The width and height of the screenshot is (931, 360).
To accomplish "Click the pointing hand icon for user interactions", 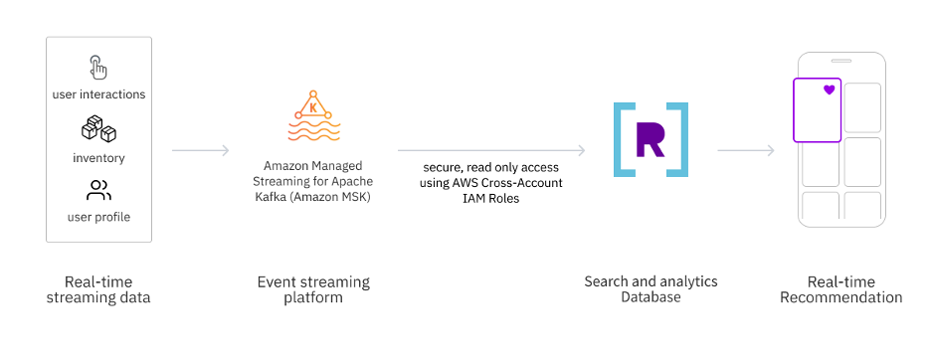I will point(98,68).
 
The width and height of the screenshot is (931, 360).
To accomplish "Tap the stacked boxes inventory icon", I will point(98,129).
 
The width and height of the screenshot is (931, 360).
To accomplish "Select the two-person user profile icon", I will point(98,190).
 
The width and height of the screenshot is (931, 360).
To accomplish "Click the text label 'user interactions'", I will point(98,94).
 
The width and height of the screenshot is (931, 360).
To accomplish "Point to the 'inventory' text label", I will point(98,157).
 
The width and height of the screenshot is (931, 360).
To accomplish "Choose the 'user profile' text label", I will point(98,217).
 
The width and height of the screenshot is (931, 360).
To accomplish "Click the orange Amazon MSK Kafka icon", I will point(313,117).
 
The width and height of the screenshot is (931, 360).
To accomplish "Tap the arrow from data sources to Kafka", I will point(201,151).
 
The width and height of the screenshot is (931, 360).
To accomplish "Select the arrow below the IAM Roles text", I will point(490,151).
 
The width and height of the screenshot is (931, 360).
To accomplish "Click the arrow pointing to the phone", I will point(746,151).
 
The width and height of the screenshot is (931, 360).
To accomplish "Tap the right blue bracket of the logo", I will point(678,139).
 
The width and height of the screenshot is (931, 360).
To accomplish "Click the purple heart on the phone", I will point(829,90).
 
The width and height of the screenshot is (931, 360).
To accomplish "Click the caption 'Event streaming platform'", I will point(313,289).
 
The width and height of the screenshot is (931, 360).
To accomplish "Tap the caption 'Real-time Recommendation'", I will point(840,289).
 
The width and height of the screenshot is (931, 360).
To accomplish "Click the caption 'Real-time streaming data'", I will point(98,289).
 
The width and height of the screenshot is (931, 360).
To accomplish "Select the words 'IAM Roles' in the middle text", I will point(490,198).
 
